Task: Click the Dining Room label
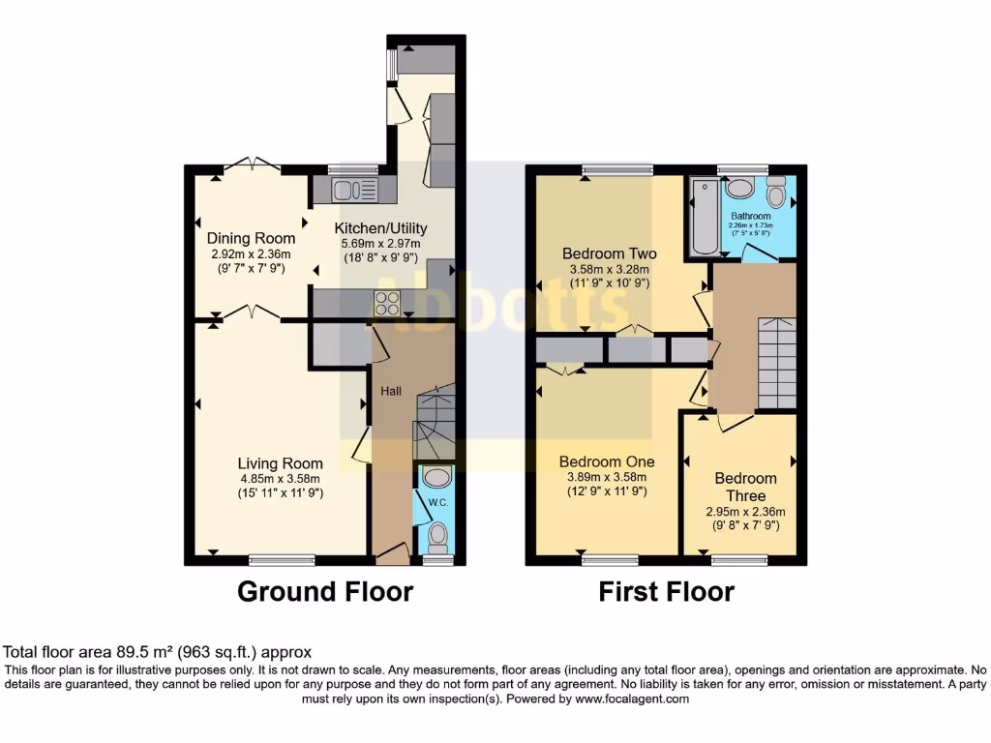pyautogui.click(x=251, y=238)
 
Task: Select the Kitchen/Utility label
pyautogui.click(x=380, y=228)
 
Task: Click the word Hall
pyautogui.click(x=391, y=391)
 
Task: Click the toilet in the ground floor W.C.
pyautogui.click(x=437, y=535)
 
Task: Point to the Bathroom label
pyautogui.click(x=751, y=216)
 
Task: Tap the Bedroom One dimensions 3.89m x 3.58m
pyautogui.click(x=606, y=477)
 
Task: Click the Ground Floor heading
pyautogui.click(x=325, y=591)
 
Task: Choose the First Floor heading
pyautogui.click(x=666, y=591)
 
